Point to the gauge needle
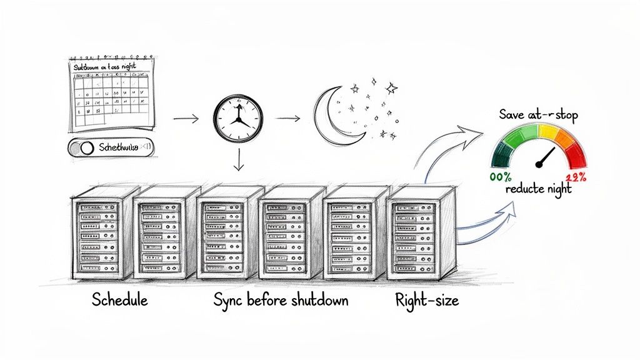point(546,157)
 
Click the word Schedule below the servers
point(120,299)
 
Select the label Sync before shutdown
point(281,299)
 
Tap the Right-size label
point(427,299)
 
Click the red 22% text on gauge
point(576,177)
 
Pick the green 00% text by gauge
point(501,177)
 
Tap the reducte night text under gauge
point(539,189)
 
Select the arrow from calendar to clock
point(186,118)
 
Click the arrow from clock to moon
point(288,117)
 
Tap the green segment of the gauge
point(507,143)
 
